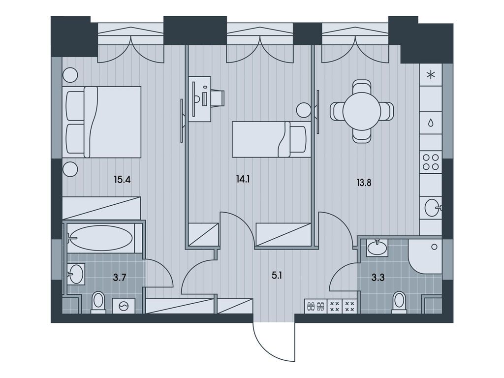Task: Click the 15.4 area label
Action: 122,180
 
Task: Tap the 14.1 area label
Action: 243,180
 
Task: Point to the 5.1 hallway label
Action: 277,276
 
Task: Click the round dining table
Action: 361,111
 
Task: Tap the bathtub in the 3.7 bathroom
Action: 100,239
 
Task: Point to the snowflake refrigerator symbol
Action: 431,75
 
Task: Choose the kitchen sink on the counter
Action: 431,208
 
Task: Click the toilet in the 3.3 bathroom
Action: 399,302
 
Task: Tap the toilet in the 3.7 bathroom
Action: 98,302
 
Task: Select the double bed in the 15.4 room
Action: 102,122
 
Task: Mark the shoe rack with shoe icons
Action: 315,306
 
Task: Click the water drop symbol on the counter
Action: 431,122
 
